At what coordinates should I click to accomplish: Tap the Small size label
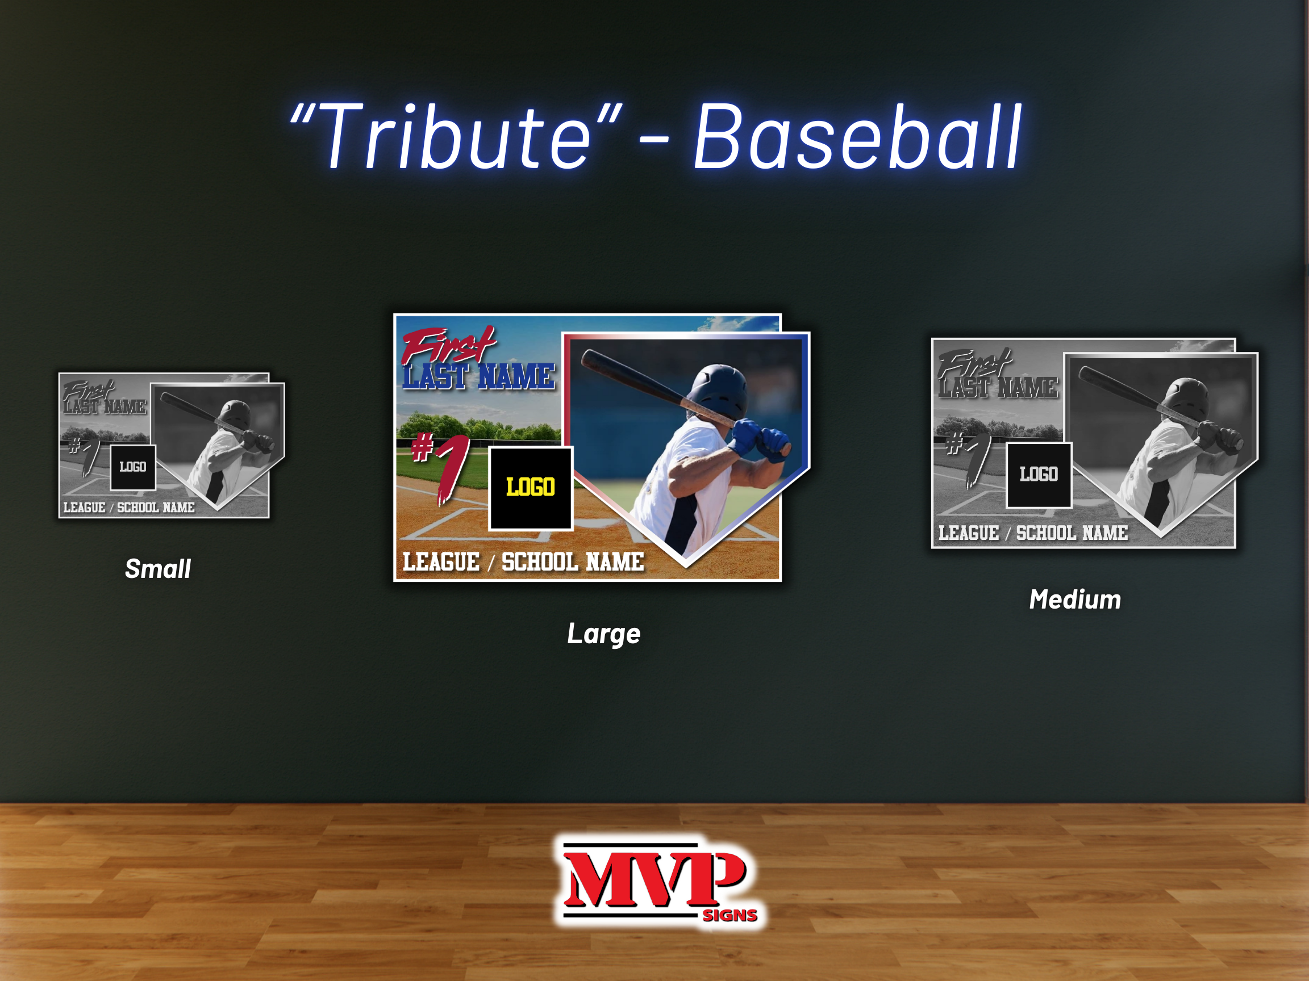click(x=158, y=569)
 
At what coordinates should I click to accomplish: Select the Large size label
click(x=603, y=634)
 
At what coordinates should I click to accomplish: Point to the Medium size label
click(x=1075, y=599)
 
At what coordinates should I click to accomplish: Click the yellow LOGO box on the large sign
click(x=531, y=488)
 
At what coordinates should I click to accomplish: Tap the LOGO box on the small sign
click(x=133, y=467)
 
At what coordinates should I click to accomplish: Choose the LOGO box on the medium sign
click(x=1039, y=475)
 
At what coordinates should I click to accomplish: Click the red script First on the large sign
click(x=448, y=346)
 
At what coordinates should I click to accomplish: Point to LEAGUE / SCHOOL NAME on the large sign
click(x=523, y=562)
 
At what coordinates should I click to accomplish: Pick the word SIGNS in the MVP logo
click(x=730, y=915)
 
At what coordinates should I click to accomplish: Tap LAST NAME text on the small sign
click(x=105, y=407)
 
